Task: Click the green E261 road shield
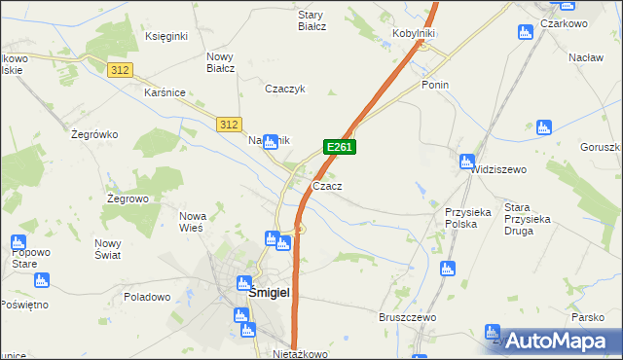tap(340, 147)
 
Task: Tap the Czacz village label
tap(326, 186)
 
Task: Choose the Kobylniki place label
tap(413, 33)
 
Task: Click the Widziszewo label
tap(498, 169)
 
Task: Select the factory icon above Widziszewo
tap(467, 162)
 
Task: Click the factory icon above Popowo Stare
tap(18, 242)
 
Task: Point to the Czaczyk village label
tap(286, 89)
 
